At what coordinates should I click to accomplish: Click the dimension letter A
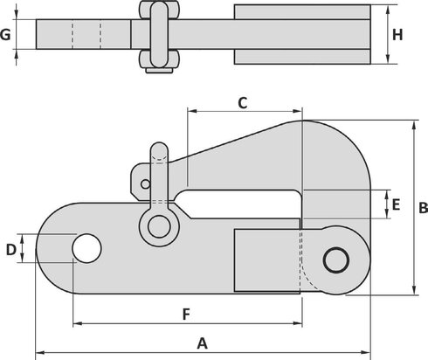pyautogui.click(x=203, y=342)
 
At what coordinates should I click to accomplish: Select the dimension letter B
pyautogui.click(x=423, y=208)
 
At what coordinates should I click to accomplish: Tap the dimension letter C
pyautogui.click(x=244, y=102)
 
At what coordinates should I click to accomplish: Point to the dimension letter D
pyautogui.click(x=10, y=249)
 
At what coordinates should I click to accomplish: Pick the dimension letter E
pyautogui.click(x=396, y=205)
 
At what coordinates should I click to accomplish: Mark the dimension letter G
pyautogui.click(x=7, y=35)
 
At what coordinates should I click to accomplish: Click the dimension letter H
pyautogui.click(x=397, y=35)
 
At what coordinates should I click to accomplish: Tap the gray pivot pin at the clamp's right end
pyautogui.click(x=335, y=260)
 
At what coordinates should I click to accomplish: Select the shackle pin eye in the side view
pyautogui.click(x=158, y=226)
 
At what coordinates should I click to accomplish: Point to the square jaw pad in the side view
pyautogui.click(x=266, y=260)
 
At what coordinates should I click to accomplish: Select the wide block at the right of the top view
pyautogui.click(x=304, y=34)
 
